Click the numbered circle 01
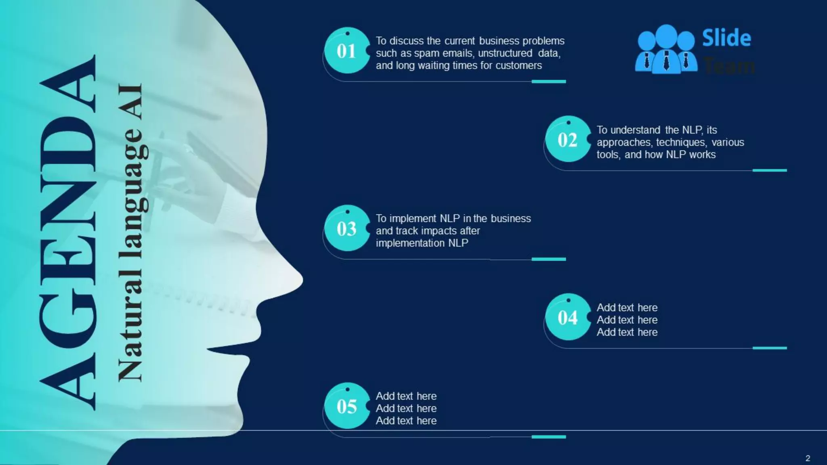[346, 51]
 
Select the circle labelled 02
[567, 140]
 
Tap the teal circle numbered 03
[346, 228]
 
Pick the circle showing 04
[567, 317]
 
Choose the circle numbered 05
[346, 406]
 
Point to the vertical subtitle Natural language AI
[131, 232]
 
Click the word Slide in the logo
[726, 38]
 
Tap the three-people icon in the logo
[666, 49]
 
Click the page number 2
[808, 458]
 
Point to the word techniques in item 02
[681, 142]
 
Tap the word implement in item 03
[412, 218]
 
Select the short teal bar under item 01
[548, 82]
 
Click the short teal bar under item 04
[769, 348]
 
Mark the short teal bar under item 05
[548, 437]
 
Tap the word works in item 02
[702, 155]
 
